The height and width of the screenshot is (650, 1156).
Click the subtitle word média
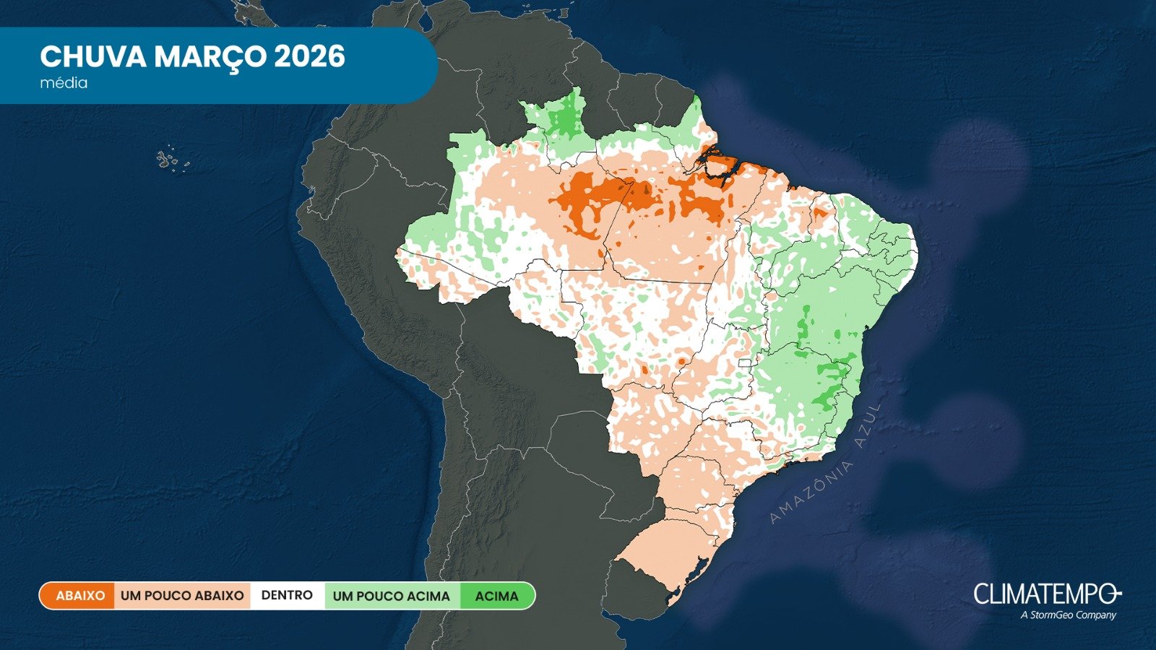tap(64, 83)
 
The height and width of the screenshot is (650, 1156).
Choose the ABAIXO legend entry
tap(80, 596)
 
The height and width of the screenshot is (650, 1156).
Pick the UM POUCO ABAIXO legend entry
tap(182, 596)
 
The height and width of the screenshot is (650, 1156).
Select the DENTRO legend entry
tap(287, 596)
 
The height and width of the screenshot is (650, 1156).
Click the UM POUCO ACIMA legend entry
tap(391, 596)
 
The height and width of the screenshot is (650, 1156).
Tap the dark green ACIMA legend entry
tap(497, 596)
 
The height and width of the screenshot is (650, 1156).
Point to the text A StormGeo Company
tap(1068, 615)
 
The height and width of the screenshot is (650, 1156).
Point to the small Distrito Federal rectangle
tap(745, 363)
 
